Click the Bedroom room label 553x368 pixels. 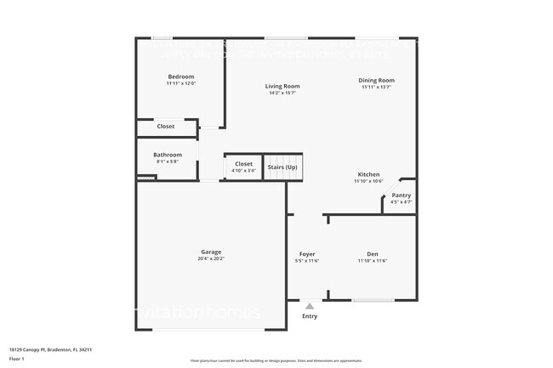(180, 76)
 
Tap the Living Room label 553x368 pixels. (282, 86)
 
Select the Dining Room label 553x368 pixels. (376, 81)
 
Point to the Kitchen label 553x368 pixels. (368, 174)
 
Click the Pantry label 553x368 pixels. (401, 195)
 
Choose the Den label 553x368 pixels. (373, 254)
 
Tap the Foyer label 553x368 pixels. (307, 254)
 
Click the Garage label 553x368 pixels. (211, 252)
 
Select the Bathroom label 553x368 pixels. (168, 155)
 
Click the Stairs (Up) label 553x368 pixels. (283, 167)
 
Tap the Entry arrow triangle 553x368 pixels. (310, 306)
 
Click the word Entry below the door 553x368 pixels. (310, 316)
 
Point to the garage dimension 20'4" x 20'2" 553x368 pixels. (211, 258)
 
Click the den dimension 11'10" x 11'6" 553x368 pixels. (373, 261)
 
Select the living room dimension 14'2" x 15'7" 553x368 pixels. (282, 93)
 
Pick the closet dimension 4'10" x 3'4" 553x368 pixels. (243, 171)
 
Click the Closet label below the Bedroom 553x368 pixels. (166, 127)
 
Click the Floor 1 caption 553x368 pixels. (17, 359)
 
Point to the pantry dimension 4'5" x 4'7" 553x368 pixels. (401, 202)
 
